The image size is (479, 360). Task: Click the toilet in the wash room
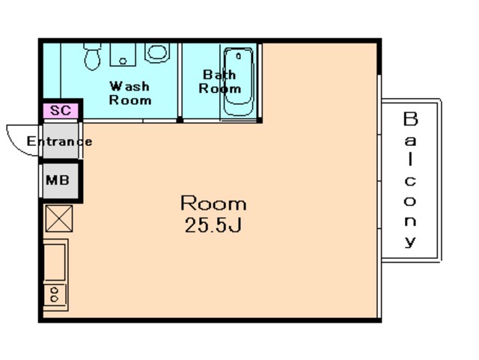pos(92,56)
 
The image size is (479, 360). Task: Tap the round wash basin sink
pos(157,52)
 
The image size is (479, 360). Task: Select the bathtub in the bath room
pos(239,82)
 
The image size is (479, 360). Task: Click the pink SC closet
pos(61,110)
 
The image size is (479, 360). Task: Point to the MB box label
pos(58,180)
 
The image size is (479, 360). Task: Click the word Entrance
pos(60,141)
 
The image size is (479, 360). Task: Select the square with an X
pos(59,219)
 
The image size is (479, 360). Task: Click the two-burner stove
pos(55,295)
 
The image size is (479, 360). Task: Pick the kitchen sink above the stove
pos(55,262)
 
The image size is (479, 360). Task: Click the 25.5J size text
pos(213,225)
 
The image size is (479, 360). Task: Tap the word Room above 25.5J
pos(213,203)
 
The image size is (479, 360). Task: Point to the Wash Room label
pos(130,93)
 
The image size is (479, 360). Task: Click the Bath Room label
pos(219,82)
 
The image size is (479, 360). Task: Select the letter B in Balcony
pos(410,119)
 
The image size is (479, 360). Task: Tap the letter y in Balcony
pos(410,241)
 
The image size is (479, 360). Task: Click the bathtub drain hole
pos(239,56)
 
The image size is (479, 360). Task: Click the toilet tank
pos(92,46)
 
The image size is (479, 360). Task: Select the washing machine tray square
pos(123,55)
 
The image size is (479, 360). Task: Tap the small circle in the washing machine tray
pos(123,61)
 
